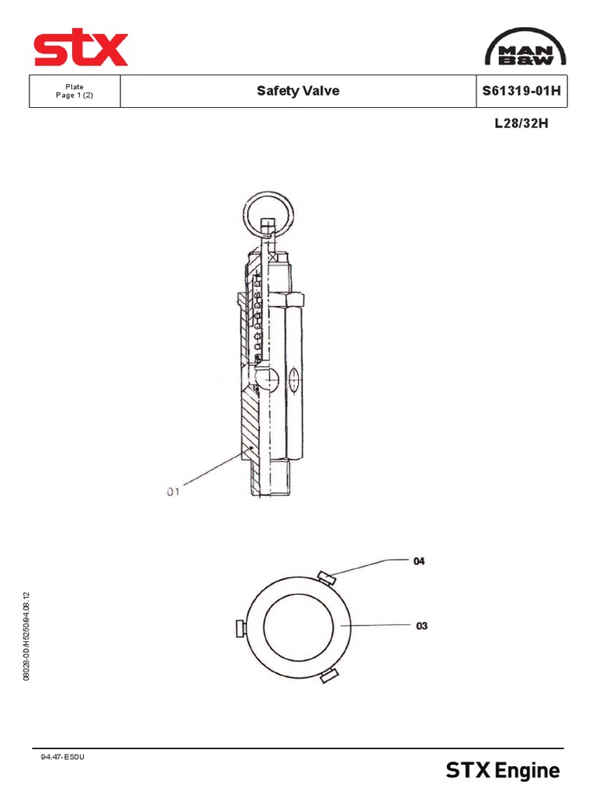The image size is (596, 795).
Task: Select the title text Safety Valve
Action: (298, 91)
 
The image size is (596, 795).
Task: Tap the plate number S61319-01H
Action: (521, 91)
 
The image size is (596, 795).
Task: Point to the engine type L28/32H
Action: (521, 123)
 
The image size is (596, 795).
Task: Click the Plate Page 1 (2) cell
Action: (75, 91)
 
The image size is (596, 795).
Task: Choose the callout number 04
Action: (419, 561)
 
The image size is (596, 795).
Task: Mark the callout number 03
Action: (421, 625)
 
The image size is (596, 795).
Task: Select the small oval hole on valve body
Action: (293, 380)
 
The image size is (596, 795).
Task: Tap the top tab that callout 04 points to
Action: (327, 577)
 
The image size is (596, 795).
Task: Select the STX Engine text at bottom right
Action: (502, 771)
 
